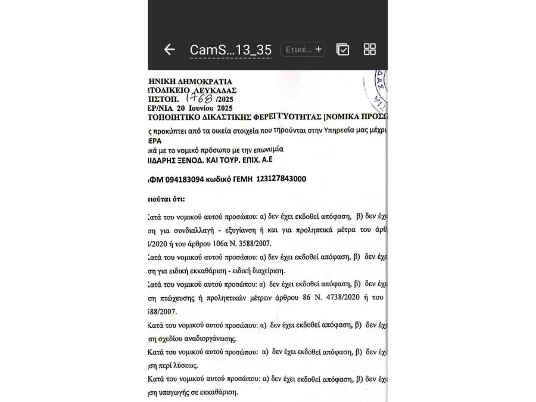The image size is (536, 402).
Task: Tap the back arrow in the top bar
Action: [170, 50]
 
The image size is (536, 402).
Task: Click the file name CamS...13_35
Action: [230, 50]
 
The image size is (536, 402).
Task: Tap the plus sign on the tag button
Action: [319, 50]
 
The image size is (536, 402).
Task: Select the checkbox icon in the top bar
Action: [343, 50]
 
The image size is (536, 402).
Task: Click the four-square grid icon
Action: [370, 50]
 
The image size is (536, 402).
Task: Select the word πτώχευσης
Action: [177, 298]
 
